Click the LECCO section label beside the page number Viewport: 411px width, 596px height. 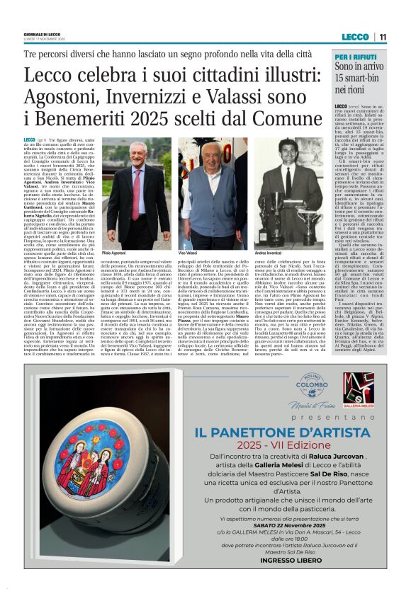(x=354, y=37)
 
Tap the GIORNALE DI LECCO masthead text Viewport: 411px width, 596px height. (x=42, y=34)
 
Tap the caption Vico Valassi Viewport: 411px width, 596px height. (x=187, y=251)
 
